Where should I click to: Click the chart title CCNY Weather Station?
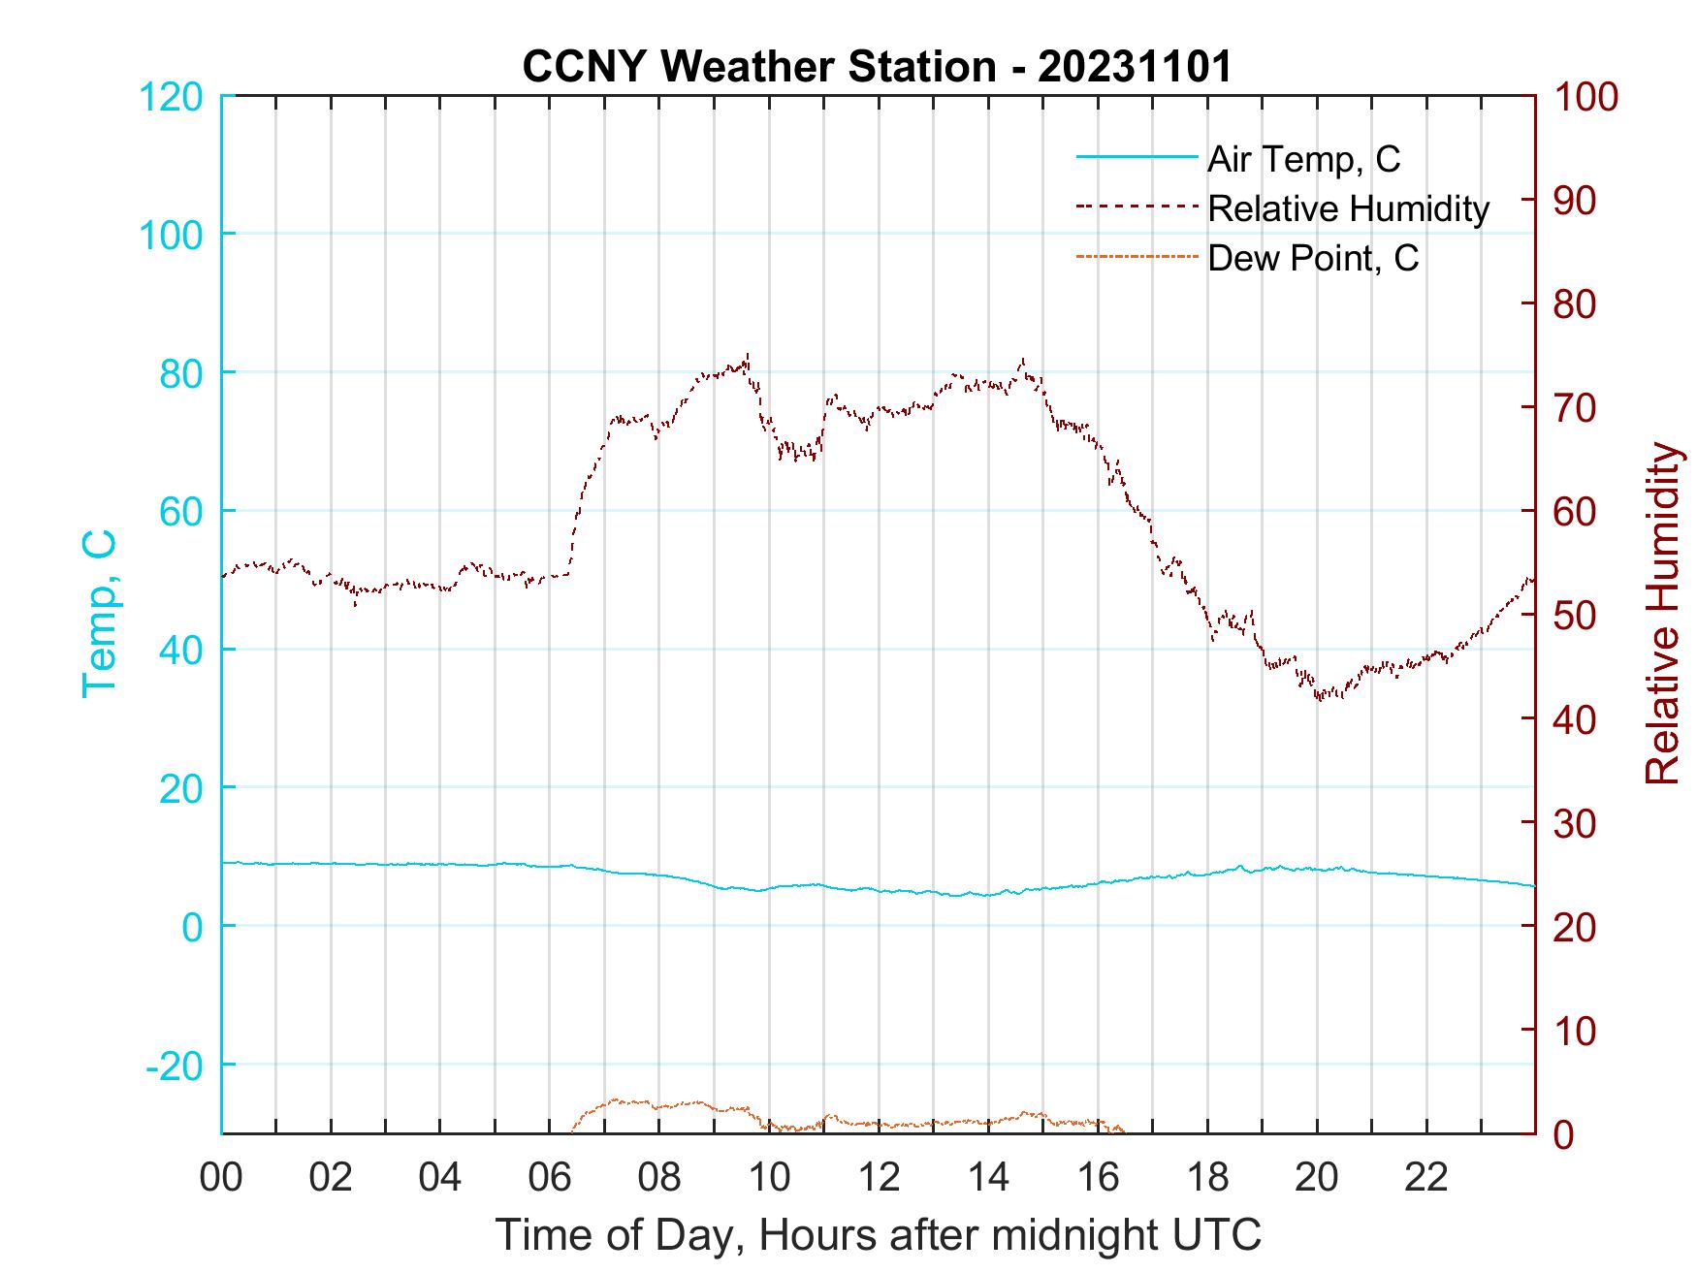(x=877, y=66)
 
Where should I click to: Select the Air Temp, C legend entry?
(x=1302, y=158)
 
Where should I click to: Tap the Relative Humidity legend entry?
(x=1347, y=208)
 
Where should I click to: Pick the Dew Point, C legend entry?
(x=1312, y=258)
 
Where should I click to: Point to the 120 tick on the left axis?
(x=171, y=96)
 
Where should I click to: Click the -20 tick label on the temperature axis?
(x=175, y=1066)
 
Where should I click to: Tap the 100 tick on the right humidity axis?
(x=1585, y=96)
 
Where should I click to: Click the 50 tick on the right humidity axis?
(x=1576, y=615)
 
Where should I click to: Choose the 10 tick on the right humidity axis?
(x=1576, y=1030)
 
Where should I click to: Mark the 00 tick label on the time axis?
(x=221, y=1178)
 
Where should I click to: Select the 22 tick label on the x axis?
(x=1426, y=1178)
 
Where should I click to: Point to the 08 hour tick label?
(x=659, y=1178)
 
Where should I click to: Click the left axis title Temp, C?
(x=99, y=613)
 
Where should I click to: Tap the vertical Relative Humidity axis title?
(x=1662, y=614)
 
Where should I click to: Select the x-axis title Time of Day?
(x=879, y=1235)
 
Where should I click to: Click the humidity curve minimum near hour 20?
(x=1319, y=698)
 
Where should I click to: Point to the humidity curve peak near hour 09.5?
(x=748, y=355)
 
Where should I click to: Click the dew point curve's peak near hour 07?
(x=617, y=1099)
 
